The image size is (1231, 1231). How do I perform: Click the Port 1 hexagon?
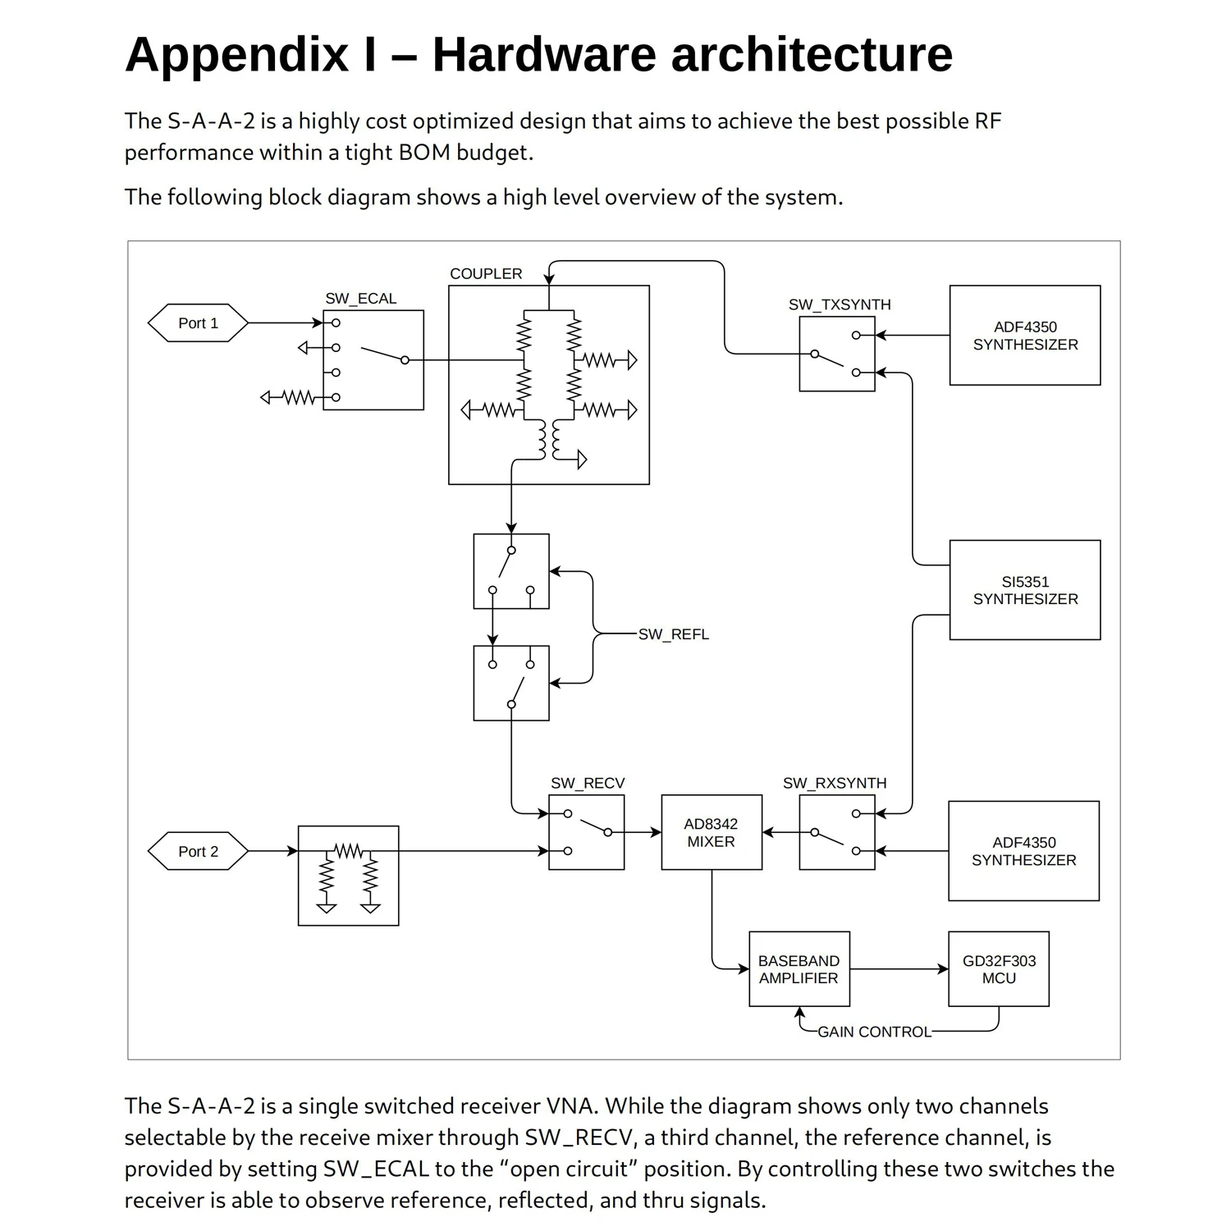point(198,323)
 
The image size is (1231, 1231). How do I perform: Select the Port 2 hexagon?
point(198,851)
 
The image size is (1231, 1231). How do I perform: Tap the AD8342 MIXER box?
point(712,832)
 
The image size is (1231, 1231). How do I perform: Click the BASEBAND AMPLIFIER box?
point(799,969)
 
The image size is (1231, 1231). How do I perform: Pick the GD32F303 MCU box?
point(999,969)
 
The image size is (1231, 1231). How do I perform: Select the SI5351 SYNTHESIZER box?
point(1025,590)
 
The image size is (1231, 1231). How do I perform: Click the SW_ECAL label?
point(360,299)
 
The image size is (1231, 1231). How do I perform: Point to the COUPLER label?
point(486,274)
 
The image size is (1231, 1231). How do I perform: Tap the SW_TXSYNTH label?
point(840,304)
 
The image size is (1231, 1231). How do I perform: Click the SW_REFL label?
point(673,634)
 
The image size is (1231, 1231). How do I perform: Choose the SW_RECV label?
point(588,783)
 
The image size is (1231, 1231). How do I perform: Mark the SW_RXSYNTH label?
point(835,783)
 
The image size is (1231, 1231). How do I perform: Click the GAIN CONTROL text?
point(874,1032)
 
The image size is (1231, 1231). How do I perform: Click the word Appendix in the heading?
point(236,55)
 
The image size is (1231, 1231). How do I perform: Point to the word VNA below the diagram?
point(570,1106)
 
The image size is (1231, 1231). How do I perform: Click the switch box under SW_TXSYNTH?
point(837,354)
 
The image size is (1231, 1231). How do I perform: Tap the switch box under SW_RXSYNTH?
point(837,832)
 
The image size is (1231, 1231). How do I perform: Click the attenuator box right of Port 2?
point(348,876)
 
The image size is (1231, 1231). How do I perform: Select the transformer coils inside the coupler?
point(549,441)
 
